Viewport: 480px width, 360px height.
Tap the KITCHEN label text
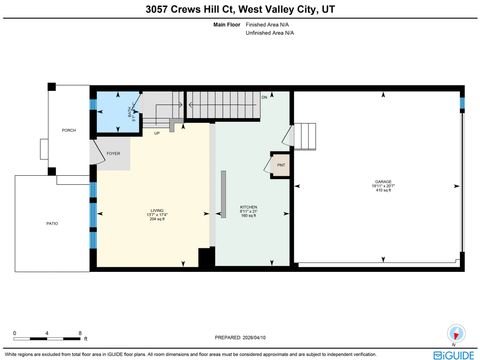click(249, 210)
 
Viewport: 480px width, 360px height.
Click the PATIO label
click(52, 224)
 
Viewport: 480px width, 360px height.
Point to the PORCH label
click(69, 131)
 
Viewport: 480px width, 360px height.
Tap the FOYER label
click(113, 155)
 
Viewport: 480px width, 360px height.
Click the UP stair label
click(156, 133)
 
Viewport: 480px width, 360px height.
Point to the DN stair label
click(265, 96)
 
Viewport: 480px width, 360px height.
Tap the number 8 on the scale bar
click(80, 332)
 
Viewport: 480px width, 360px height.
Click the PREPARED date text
click(240, 336)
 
